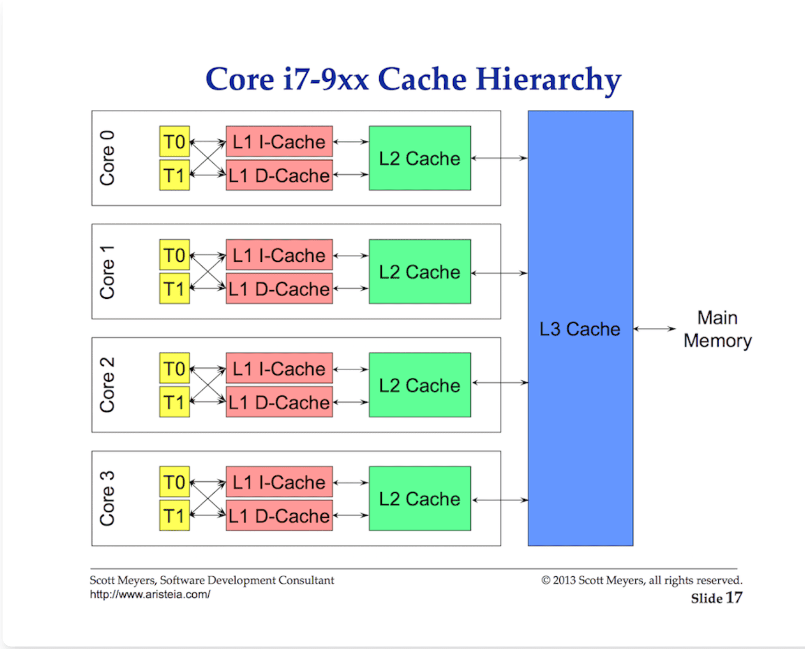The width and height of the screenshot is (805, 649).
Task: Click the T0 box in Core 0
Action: (x=174, y=142)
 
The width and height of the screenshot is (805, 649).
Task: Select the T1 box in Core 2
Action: (x=174, y=402)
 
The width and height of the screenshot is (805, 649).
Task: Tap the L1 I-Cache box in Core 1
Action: (x=279, y=255)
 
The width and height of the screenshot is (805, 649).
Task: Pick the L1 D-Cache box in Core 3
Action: (x=279, y=515)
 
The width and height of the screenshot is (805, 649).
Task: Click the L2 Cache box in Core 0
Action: (x=419, y=158)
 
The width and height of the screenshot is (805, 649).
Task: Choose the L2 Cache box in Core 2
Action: (x=419, y=385)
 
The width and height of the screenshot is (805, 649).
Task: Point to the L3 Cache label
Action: (x=579, y=329)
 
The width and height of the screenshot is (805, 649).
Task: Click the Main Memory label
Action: (x=717, y=329)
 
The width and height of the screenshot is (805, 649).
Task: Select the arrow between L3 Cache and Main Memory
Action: (x=654, y=329)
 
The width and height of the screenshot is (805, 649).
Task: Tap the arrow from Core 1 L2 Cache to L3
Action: (x=499, y=273)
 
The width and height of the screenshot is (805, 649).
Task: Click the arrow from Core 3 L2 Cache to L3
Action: (x=500, y=500)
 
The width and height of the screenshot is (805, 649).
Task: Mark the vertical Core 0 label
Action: (x=107, y=158)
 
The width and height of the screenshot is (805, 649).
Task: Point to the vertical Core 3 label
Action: (x=107, y=498)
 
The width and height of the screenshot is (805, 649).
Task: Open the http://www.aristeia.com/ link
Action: (x=150, y=595)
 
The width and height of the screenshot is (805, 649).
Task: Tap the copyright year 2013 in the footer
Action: (x=564, y=580)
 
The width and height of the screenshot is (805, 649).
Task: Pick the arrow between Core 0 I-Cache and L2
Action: (x=351, y=142)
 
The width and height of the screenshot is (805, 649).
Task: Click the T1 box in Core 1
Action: (x=174, y=289)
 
